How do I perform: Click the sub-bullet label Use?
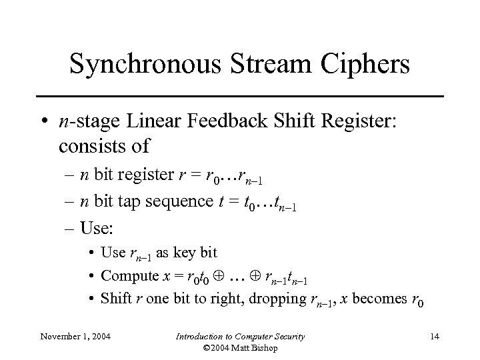click(97, 228)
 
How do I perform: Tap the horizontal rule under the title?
click(240, 97)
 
